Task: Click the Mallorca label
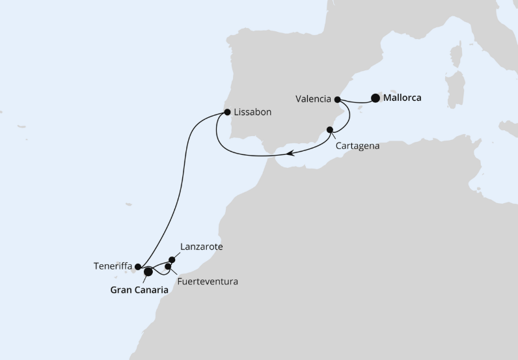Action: tap(402, 98)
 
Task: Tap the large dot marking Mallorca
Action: tap(375, 98)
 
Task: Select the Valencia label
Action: tap(313, 100)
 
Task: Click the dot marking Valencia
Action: tap(338, 100)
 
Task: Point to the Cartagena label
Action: tap(358, 146)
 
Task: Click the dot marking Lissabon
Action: tap(227, 112)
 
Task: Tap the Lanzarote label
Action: tap(201, 247)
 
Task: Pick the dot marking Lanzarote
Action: tap(172, 260)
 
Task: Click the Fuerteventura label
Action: tap(207, 282)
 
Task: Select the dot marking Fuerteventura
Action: tap(169, 266)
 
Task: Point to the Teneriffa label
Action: tap(113, 266)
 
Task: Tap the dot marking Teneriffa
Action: tap(138, 266)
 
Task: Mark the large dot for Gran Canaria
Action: tap(148, 271)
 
